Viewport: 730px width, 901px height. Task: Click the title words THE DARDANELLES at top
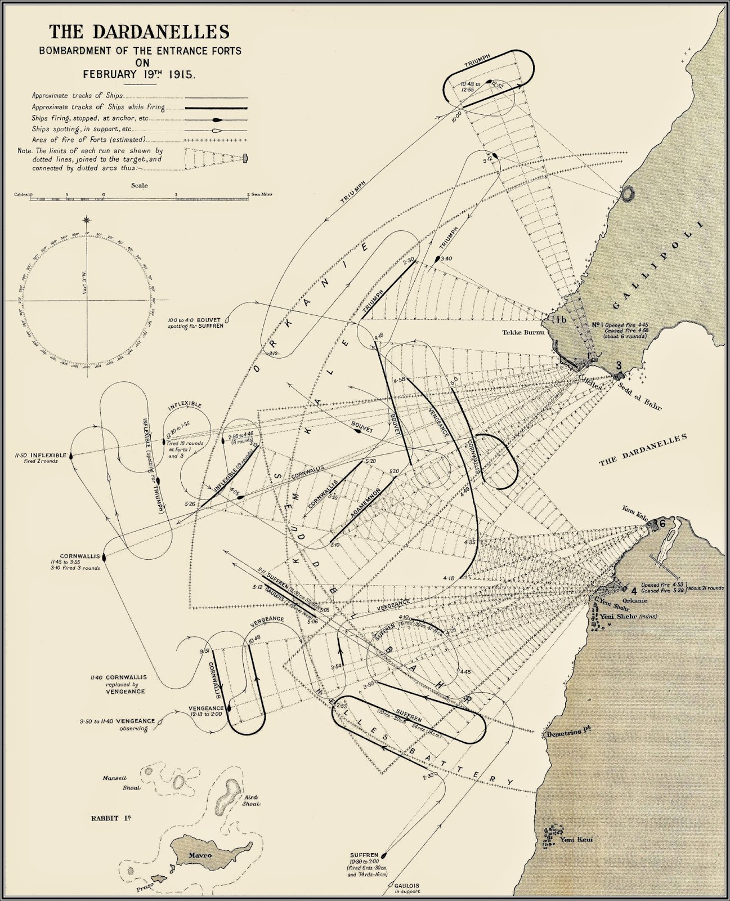click(x=139, y=32)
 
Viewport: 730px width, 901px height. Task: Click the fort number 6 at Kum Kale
click(x=662, y=523)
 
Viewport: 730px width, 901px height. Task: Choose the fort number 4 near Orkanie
click(x=634, y=591)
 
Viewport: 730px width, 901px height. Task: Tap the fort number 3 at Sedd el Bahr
click(x=619, y=365)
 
